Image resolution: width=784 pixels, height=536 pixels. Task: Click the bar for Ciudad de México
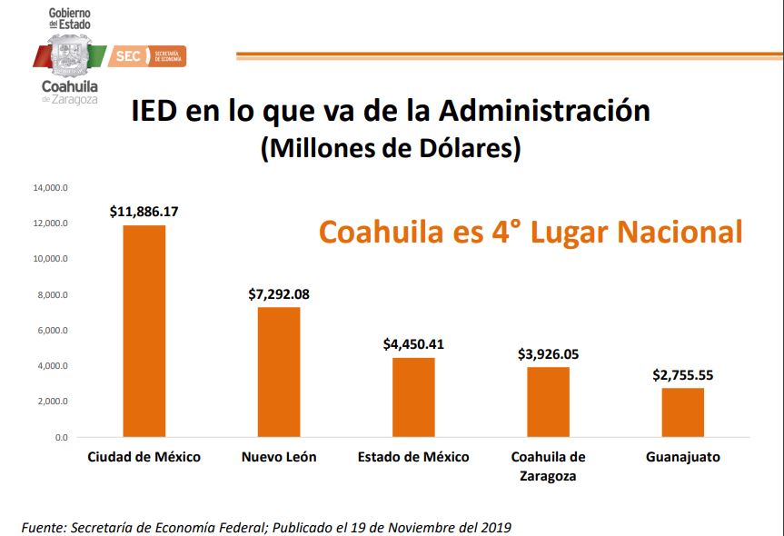(x=144, y=331)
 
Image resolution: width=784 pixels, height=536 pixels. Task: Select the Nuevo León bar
(x=279, y=372)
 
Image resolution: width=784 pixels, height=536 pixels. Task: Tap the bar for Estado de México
(x=413, y=397)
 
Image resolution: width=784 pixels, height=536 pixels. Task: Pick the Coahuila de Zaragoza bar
(x=548, y=402)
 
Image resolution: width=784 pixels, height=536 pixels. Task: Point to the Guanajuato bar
(x=682, y=412)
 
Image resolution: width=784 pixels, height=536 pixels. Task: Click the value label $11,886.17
(x=144, y=212)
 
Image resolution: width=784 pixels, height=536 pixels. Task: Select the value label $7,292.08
(x=279, y=294)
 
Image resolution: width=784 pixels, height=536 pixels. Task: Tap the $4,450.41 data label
(x=413, y=344)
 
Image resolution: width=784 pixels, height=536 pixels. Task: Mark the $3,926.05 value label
(x=548, y=353)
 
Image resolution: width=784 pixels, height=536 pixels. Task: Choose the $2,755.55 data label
(x=682, y=374)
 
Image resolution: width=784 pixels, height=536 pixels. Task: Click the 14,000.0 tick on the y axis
(x=51, y=188)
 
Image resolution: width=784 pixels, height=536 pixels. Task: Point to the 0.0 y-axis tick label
(x=61, y=437)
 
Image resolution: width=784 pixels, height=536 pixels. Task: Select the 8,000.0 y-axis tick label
(x=53, y=295)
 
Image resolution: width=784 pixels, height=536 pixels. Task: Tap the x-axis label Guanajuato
(x=682, y=457)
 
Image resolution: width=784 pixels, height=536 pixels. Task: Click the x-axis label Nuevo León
(x=279, y=457)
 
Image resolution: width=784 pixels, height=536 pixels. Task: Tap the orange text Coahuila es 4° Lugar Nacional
(x=531, y=231)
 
